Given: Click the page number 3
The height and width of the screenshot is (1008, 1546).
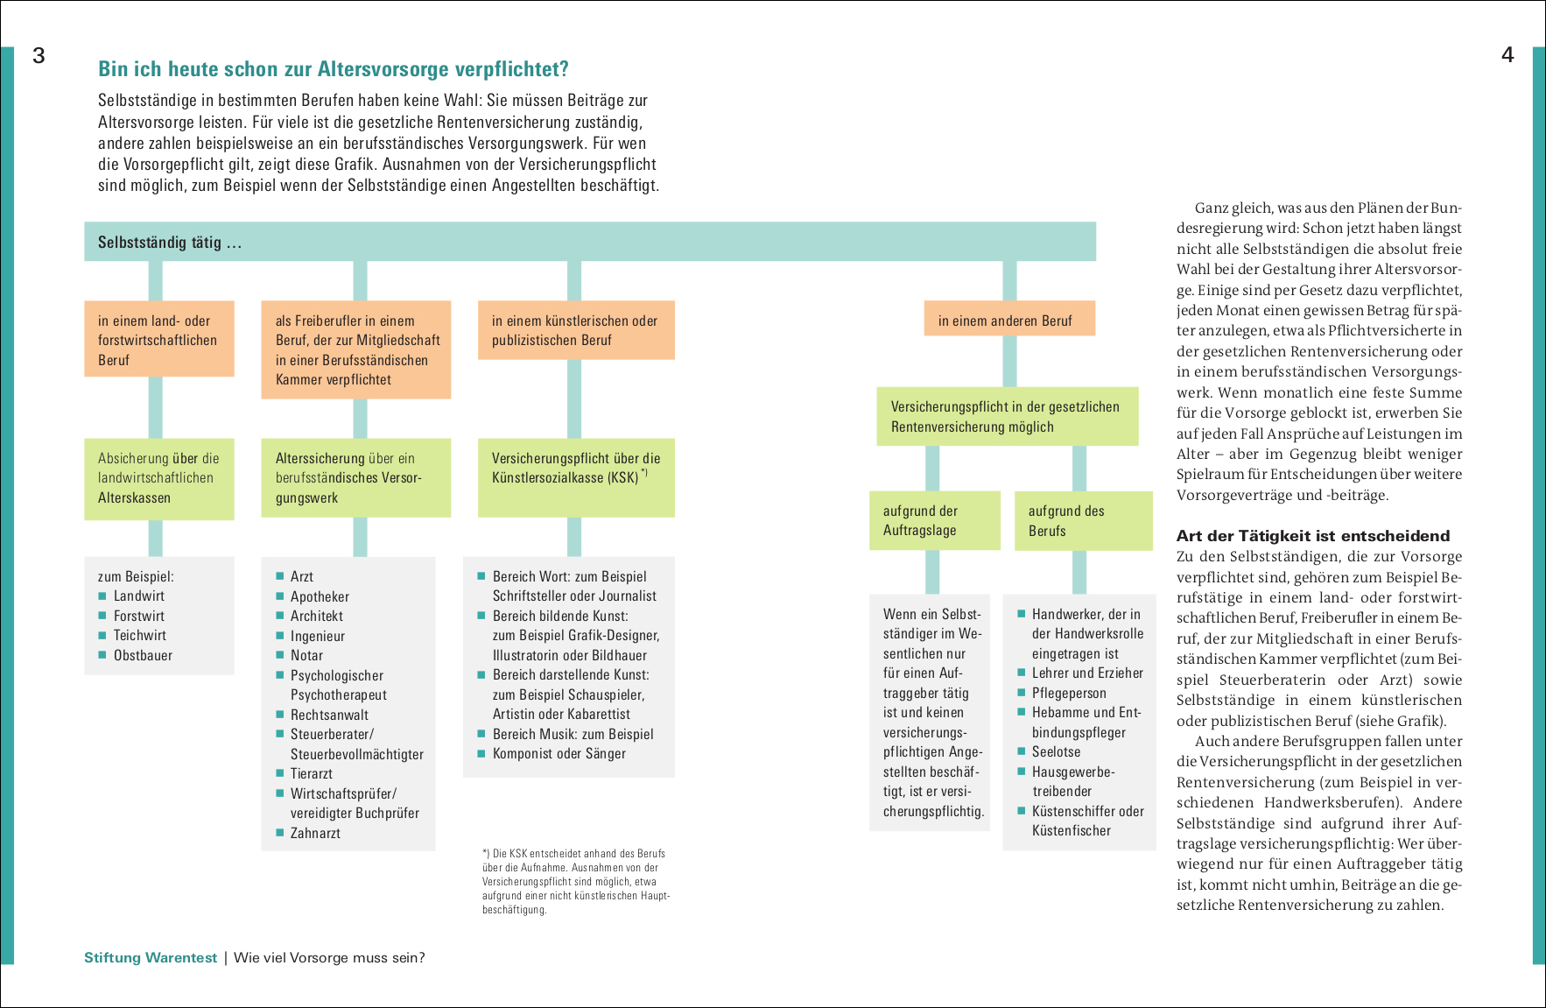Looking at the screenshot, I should [39, 56].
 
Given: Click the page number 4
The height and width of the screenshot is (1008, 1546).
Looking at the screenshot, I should [1507, 55].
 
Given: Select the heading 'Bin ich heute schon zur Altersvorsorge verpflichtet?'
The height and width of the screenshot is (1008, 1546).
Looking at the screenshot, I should [334, 69].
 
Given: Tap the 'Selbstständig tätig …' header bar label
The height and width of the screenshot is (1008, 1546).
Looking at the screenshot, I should [170, 243].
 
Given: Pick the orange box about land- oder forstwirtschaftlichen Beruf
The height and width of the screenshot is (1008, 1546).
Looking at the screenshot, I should [158, 340].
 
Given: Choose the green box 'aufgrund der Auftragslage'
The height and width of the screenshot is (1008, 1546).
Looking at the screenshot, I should [934, 520].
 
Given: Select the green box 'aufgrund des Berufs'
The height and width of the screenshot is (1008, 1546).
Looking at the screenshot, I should [1083, 520].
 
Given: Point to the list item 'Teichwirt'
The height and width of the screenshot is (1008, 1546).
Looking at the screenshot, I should [140, 636].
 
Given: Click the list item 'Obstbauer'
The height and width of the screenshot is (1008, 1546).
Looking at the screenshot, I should [143, 655].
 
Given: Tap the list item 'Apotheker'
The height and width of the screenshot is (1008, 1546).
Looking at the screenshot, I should [320, 596].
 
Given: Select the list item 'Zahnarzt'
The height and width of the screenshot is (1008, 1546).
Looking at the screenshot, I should [315, 833].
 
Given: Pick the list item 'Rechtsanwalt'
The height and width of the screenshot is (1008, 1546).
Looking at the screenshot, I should [330, 715].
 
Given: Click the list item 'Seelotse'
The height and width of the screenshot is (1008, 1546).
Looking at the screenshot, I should [1056, 751].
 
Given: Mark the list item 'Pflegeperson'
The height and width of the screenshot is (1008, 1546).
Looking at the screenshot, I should [1069, 693].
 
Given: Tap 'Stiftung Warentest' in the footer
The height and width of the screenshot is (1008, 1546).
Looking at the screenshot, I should [151, 957].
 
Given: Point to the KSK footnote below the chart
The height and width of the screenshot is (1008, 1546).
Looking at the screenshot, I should [575, 881].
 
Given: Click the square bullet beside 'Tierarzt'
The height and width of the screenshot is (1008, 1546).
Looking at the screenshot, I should [280, 773].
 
